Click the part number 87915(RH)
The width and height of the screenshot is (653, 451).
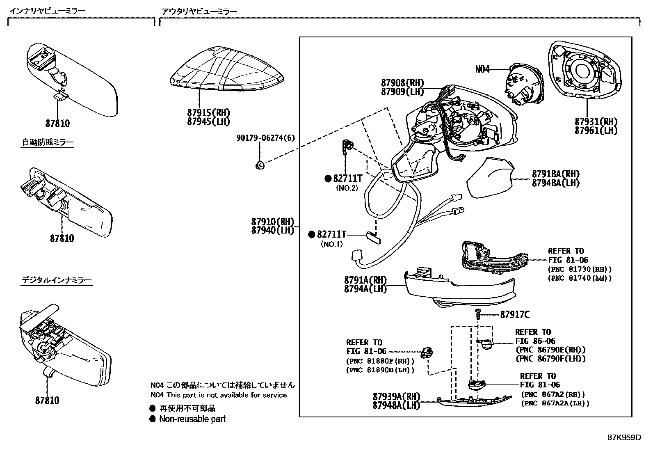point(208,113)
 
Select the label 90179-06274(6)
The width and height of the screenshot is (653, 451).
point(265,138)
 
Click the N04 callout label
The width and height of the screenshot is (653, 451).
point(482,69)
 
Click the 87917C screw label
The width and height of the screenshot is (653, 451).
point(515,315)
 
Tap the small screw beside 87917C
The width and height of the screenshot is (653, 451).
point(478,314)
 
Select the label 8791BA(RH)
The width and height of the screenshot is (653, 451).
point(556,174)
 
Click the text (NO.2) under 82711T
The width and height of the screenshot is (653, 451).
point(347,188)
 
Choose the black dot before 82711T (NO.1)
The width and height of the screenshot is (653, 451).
point(312,234)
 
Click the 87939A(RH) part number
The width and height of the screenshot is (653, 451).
point(397,396)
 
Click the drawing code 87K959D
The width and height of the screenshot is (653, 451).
point(624,437)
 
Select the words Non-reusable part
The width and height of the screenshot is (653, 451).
point(192,419)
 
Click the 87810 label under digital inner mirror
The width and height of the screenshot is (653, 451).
point(47,400)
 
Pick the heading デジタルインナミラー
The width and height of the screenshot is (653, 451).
point(57,280)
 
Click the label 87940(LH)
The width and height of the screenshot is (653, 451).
point(273,231)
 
